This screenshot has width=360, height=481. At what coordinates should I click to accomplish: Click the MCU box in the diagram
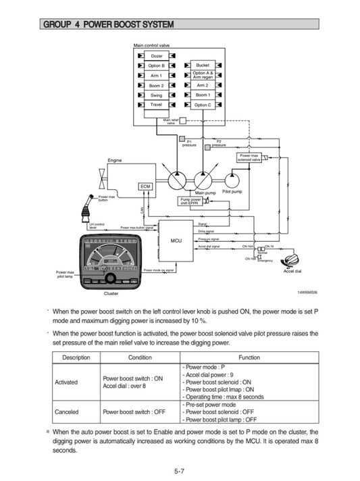176,240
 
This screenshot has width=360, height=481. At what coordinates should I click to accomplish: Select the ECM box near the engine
146,186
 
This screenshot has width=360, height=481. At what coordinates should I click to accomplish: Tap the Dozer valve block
156,55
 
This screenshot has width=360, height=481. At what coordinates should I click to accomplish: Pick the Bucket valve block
203,65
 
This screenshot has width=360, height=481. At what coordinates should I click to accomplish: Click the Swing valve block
156,95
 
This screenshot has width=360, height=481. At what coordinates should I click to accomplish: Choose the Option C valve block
203,105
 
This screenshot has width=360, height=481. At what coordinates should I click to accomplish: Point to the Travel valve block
156,105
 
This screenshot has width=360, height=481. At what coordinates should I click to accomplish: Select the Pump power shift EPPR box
190,201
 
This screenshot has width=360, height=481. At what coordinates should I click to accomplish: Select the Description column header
76,357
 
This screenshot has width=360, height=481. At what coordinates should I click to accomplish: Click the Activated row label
66,382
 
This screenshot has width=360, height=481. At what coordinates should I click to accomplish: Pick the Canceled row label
67,411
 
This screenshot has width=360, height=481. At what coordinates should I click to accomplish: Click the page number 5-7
180,470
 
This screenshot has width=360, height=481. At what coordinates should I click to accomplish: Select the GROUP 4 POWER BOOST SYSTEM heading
108,25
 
